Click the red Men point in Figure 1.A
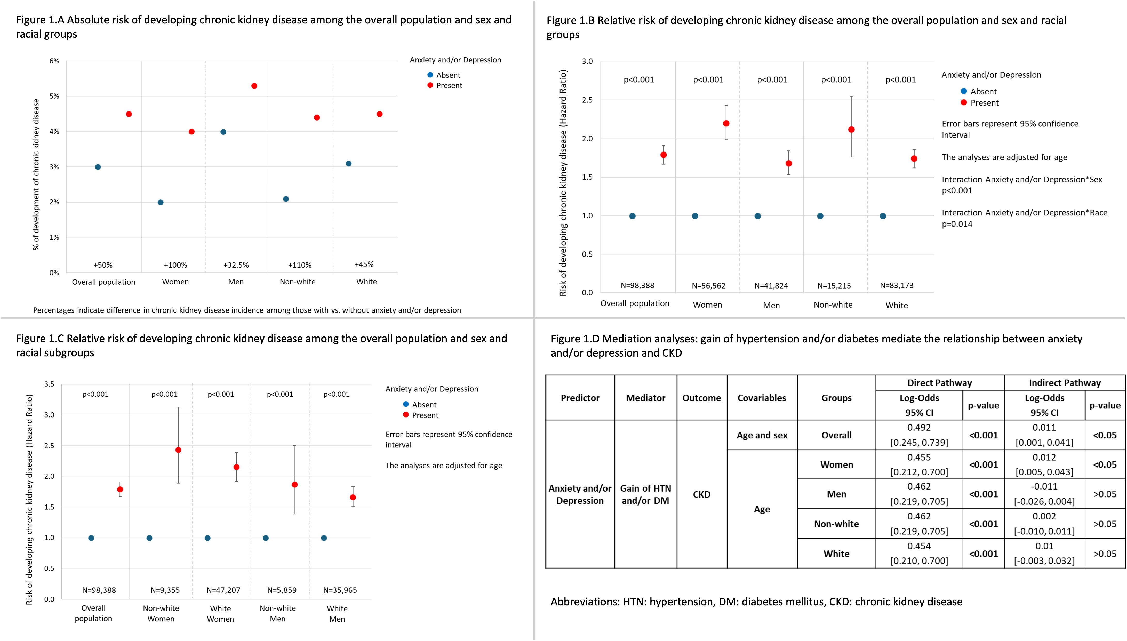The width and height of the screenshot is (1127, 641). point(254,86)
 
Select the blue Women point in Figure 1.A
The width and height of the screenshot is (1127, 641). point(161,203)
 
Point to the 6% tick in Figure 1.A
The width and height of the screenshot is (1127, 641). point(54,61)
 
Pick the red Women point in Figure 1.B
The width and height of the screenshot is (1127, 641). point(726,123)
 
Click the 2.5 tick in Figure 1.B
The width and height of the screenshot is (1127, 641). point(587,100)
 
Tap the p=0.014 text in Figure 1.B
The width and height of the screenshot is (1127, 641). point(957,224)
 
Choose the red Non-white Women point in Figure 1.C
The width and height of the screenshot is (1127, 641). point(178,450)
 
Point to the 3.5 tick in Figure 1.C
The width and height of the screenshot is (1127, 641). point(49,384)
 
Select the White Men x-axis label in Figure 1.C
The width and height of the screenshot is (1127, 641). point(337,613)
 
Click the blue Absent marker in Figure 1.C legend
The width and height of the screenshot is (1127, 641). point(406,404)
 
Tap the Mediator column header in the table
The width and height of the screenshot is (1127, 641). point(645,398)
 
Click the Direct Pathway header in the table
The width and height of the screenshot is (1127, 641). point(939,383)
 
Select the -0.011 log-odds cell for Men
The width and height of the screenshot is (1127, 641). point(1044,486)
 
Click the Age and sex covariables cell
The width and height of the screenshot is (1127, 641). point(762,435)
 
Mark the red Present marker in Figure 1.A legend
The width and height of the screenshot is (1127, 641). point(430,85)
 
